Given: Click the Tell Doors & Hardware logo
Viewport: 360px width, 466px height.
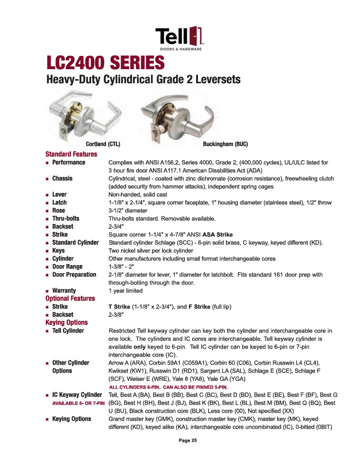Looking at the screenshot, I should tap(180, 38).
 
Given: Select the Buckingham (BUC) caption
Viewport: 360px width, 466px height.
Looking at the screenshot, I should tap(225, 144).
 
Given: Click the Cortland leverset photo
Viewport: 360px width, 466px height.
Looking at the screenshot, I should tap(84, 116).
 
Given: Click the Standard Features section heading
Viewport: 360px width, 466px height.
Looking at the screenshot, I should tap(71, 154).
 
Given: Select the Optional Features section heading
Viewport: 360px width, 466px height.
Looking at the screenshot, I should tap(70, 299).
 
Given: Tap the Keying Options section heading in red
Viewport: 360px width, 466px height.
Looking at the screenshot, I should tap(66, 323).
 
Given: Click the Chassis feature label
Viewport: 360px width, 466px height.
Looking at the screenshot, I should tap(62, 178).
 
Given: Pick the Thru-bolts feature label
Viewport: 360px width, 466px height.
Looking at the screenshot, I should tap(66, 218).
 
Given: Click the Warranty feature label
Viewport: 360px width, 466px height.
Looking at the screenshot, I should tap(64, 290).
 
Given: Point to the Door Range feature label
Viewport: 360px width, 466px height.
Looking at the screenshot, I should tap(67, 266).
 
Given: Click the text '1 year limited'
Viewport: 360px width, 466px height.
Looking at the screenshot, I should tap(125, 290).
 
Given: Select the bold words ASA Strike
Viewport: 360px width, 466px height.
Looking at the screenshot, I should tap(218, 234).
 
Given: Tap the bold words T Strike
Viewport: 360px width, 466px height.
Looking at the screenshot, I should tap(119, 307).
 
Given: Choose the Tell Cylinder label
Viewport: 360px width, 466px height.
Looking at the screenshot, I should tap(68, 331).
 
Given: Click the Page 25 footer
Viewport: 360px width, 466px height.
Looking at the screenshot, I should tap(188, 441).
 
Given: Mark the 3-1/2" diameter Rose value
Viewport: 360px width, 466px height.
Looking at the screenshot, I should tap(128, 211).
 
